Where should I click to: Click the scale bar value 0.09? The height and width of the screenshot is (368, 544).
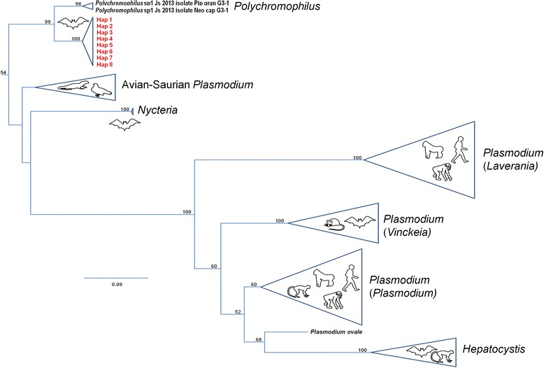(116, 284)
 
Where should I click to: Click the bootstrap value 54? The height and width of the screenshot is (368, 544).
(4, 73)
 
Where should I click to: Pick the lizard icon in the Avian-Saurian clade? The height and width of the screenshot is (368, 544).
(70, 87)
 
